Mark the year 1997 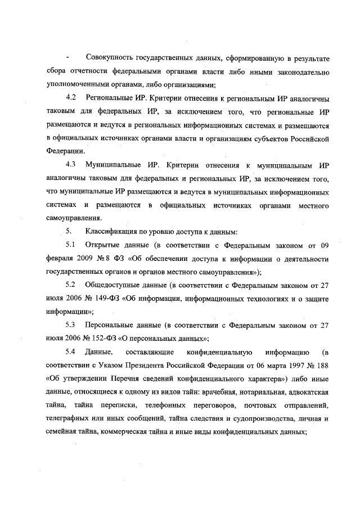291,366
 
